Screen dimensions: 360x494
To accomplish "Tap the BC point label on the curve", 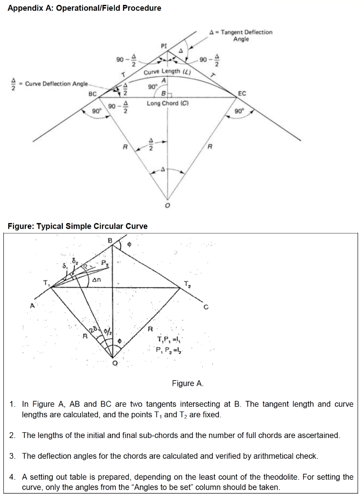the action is pyautogui.click(x=93, y=94).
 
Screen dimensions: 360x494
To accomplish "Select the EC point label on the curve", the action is pyautogui.click(x=242, y=94).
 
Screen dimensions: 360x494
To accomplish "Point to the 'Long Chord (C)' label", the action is pyautogui.click(x=167, y=103).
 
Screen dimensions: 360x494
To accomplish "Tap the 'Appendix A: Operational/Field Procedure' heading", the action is pyautogui.click(x=84, y=8).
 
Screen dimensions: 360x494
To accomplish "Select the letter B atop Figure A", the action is pyautogui.click(x=110, y=240).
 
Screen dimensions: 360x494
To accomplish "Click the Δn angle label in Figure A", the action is pyautogui.click(x=96, y=280).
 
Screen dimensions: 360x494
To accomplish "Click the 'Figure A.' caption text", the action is pyautogui.click(x=188, y=384).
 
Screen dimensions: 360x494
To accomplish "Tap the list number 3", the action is pyautogui.click(x=13, y=456).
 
